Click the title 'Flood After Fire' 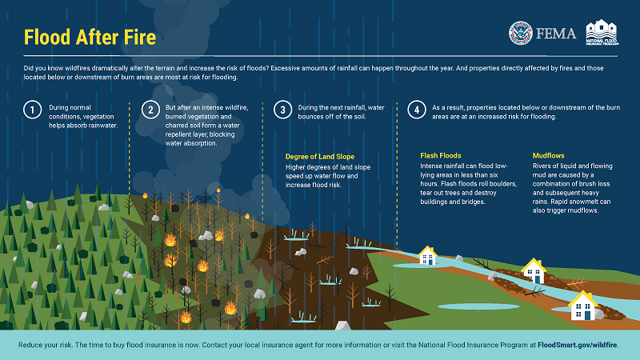[89, 38]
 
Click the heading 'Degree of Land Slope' [320, 155]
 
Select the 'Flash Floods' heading [441, 155]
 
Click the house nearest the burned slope [428, 256]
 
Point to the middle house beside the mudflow [532, 270]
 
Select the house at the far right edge [582, 305]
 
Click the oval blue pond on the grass [468, 306]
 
